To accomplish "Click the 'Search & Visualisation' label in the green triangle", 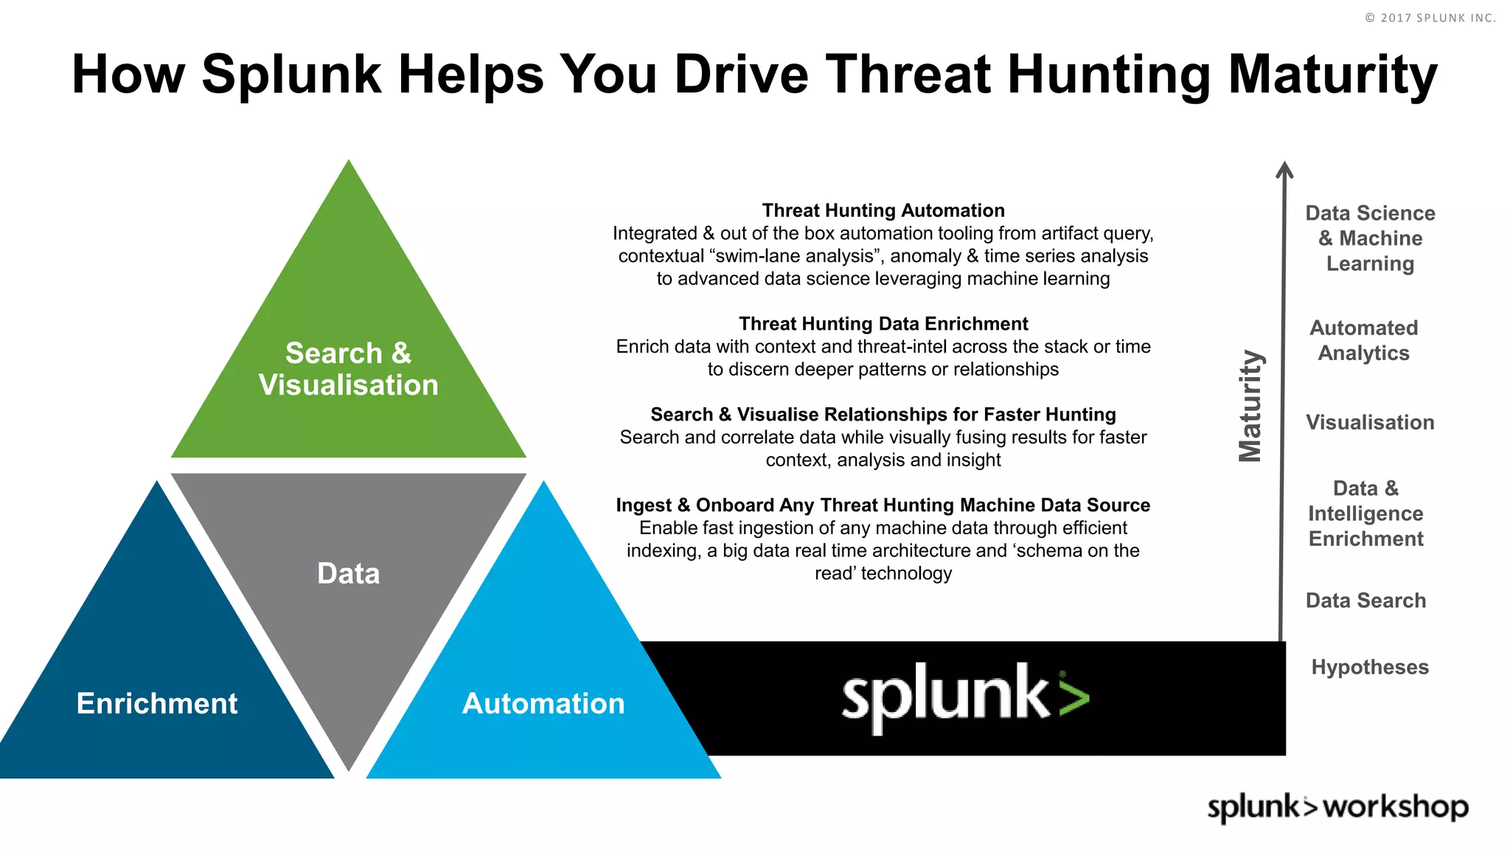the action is coord(348,369).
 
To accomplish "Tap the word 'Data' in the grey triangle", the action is coord(348,573).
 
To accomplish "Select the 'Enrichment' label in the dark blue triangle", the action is coord(157,703).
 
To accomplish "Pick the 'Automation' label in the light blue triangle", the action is coord(543,703).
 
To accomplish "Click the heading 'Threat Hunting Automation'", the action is coord(883,210).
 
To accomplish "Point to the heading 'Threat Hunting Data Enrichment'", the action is coord(883,323).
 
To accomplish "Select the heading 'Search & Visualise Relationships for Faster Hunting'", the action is coord(883,414).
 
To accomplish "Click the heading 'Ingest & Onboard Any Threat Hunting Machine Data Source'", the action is coord(883,505).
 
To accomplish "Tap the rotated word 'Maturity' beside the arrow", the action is coord(1250,406).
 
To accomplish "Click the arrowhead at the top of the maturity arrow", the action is coord(1284,170).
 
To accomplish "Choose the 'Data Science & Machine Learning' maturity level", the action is coord(1370,238).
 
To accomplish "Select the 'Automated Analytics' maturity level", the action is coord(1364,340).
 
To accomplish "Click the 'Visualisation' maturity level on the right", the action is coord(1370,422).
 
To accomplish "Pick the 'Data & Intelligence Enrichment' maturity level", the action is coord(1365,514).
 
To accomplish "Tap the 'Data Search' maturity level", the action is coord(1365,601).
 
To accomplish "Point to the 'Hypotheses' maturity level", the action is coord(1370,667).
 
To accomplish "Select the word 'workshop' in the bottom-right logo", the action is coord(1395,807).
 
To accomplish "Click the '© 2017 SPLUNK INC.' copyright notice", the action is coord(1430,18).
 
